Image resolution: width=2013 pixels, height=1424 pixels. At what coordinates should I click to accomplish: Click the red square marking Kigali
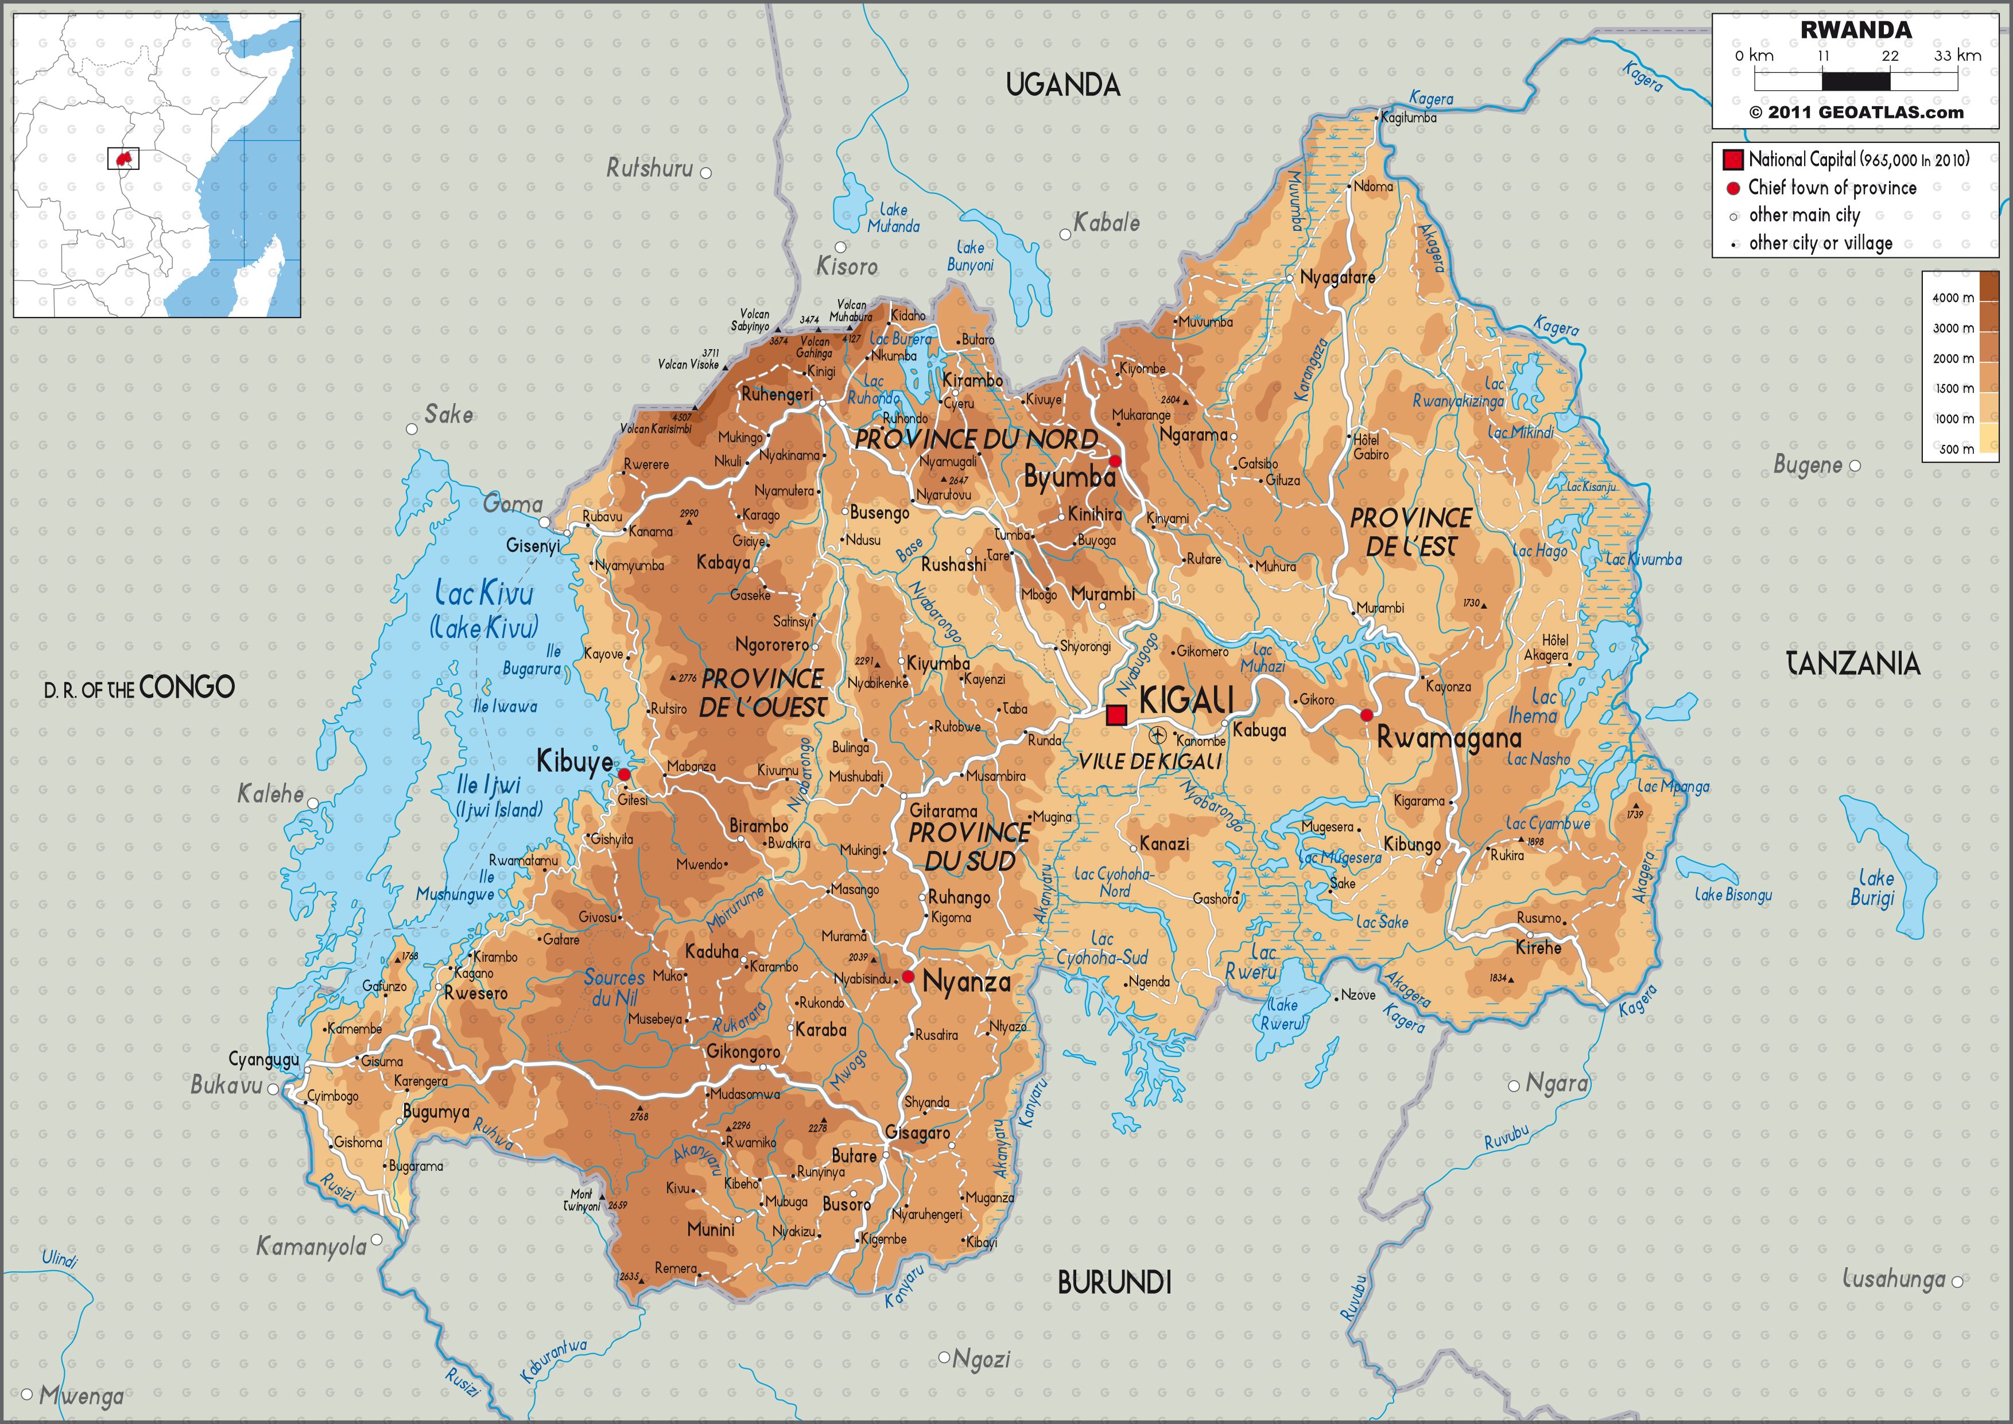pyautogui.click(x=1116, y=715)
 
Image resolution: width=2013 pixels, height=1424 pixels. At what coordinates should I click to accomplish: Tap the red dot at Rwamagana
pyautogui.click(x=1366, y=715)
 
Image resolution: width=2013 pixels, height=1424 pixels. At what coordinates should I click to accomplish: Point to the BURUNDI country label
pyautogui.click(x=1114, y=1283)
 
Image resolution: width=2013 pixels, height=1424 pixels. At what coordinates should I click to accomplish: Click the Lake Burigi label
pyautogui.click(x=1873, y=887)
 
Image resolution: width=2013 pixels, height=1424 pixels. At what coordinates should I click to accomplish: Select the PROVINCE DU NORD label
pyautogui.click(x=976, y=439)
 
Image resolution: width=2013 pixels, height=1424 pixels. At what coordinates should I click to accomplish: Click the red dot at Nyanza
pyautogui.click(x=908, y=976)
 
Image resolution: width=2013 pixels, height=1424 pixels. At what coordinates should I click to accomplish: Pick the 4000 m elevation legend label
pyautogui.click(x=1953, y=298)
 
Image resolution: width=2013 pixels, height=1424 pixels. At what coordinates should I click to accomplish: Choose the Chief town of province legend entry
pyautogui.click(x=1832, y=188)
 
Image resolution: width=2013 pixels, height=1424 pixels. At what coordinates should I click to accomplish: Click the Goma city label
pyautogui.click(x=513, y=504)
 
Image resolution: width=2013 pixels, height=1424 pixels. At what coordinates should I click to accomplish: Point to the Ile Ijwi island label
pyautogui.click(x=488, y=785)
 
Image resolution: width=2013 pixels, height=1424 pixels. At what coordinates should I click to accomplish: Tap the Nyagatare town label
pyautogui.click(x=1337, y=277)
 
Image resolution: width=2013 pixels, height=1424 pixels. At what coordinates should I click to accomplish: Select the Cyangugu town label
pyautogui.click(x=263, y=1059)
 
